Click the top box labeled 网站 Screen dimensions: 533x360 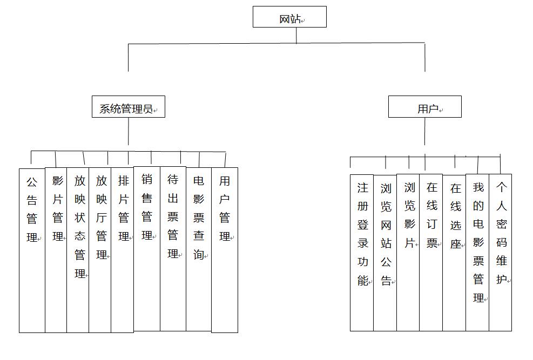point(289,17)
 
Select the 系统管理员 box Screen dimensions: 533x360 point(129,107)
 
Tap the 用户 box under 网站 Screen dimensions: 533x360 point(425,107)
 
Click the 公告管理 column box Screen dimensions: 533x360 point(32,250)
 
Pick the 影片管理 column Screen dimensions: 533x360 point(56,250)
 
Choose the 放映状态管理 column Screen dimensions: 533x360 point(78,250)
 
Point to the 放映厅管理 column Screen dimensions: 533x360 point(100,250)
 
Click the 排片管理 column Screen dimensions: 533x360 point(123,250)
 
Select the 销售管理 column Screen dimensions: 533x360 point(147,249)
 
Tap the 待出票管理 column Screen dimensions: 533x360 point(173,249)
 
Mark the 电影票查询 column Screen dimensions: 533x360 point(199,249)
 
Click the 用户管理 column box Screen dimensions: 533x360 point(225,250)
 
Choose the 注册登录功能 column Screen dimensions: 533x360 point(362,253)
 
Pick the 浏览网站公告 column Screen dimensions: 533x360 point(385,253)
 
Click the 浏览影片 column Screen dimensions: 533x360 point(408,253)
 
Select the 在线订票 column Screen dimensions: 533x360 point(431,253)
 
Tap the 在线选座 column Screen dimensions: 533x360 point(454,253)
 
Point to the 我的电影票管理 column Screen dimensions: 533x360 point(477,253)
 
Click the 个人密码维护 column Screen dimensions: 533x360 point(501,253)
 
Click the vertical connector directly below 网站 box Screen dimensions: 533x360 point(296,35)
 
